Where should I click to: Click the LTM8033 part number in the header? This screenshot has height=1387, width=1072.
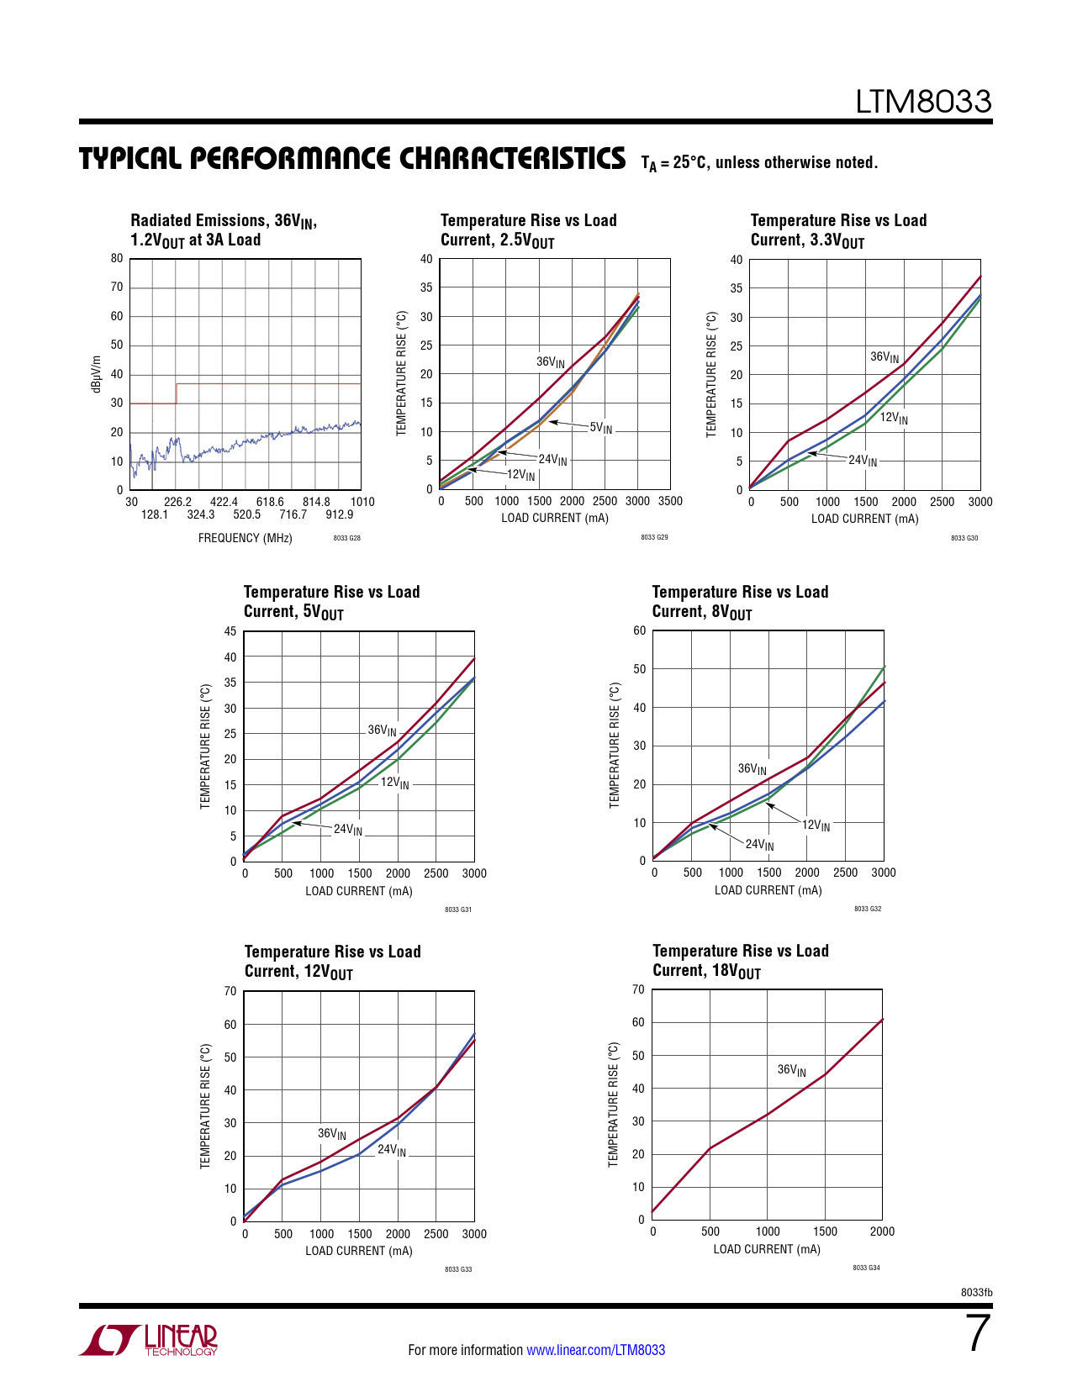[x=923, y=102]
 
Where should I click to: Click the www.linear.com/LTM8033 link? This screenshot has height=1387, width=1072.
[x=595, y=1350]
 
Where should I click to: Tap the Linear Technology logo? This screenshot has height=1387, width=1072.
[x=149, y=1339]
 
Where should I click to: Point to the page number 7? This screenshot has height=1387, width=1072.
[x=978, y=1333]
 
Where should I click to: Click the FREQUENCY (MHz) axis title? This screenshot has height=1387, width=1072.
[x=245, y=538]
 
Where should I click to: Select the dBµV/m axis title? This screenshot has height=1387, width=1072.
[x=96, y=374]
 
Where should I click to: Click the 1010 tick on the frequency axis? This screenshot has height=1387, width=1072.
[x=362, y=502]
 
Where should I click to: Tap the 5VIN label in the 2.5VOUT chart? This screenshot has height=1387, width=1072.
[x=601, y=428]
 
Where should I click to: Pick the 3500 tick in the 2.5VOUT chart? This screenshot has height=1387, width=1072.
[x=670, y=501]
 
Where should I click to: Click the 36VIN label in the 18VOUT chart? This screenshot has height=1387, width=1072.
[x=791, y=1070]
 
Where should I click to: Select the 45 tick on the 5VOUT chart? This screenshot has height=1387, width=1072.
[x=230, y=631]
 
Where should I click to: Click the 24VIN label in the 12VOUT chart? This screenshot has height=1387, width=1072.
[x=391, y=1150]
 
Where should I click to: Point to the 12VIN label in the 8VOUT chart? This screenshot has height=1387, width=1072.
[x=816, y=825]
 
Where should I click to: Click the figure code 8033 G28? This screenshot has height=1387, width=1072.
[x=346, y=538]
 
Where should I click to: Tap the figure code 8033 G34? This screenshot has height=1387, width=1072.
[x=866, y=1268]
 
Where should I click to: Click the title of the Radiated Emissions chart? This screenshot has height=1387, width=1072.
[x=223, y=230]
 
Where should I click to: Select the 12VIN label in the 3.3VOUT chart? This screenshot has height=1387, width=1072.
[x=894, y=418]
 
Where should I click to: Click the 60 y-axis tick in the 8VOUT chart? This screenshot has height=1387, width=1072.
[x=639, y=630]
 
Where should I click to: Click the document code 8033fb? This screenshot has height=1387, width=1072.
[x=976, y=1292]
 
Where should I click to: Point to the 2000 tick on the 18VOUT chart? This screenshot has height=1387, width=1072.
[x=882, y=1231]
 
